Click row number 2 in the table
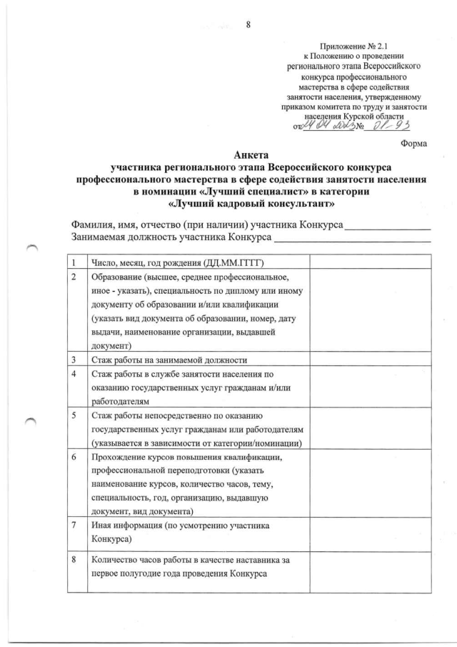coord(72,277)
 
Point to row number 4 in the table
coord(72,374)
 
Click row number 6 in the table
coord(72,457)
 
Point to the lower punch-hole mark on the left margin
coord(33,423)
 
